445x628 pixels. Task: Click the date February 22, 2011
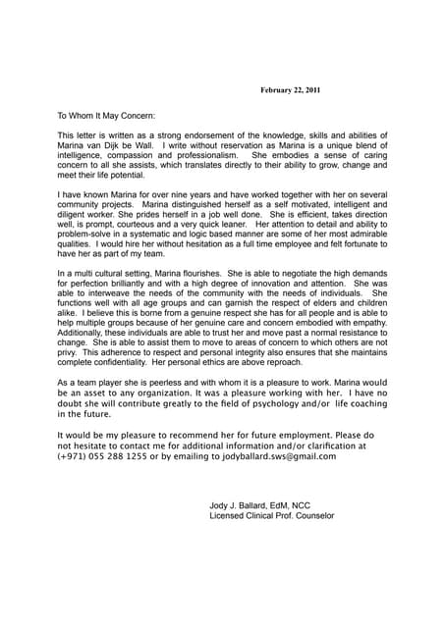pos(290,90)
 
